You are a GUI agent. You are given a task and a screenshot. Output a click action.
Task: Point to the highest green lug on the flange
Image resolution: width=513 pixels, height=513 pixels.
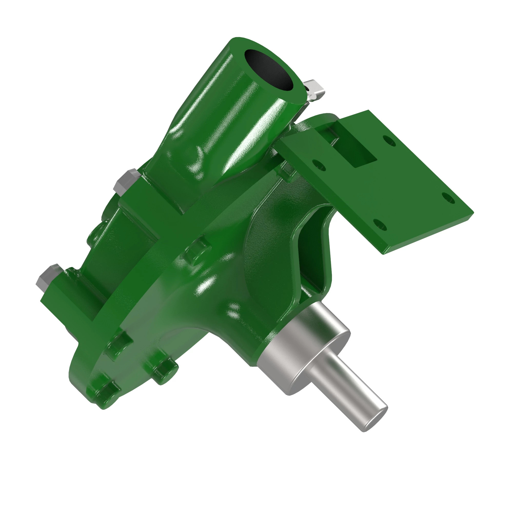(198, 248)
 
